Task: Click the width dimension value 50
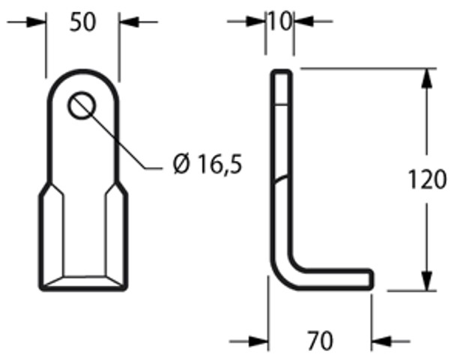[x=83, y=22]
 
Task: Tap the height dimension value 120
[x=427, y=180]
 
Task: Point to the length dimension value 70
[x=320, y=341]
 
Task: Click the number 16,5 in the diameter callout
[x=217, y=164]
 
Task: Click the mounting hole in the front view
[x=82, y=106]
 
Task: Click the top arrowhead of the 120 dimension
[x=427, y=79]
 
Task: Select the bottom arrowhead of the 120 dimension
[x=427, y=281]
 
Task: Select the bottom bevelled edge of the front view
[x=82, y=282]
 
